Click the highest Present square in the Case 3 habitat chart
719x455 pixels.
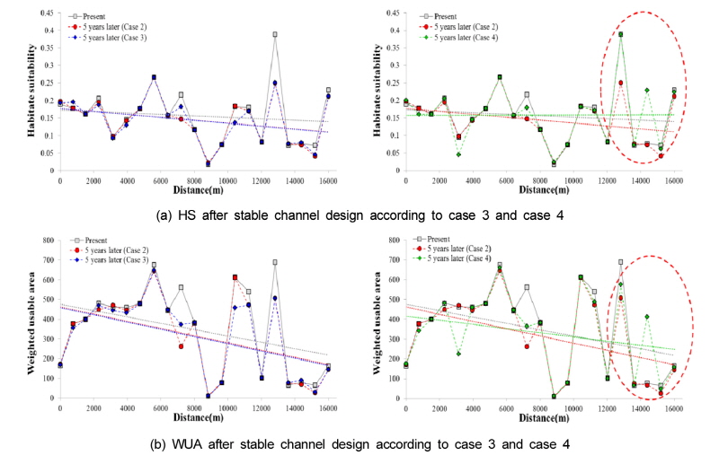274,35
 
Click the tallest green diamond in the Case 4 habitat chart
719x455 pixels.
620,35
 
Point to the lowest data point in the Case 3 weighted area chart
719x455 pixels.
208,396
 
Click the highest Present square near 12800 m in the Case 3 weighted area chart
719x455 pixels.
274,262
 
